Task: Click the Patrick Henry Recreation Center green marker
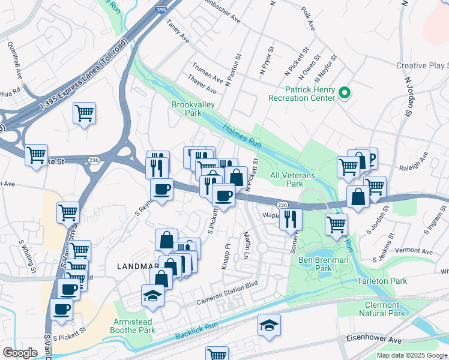(x=345, y=92)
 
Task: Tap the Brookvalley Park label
(x=193, y=108)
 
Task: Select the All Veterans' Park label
(x=294, y=179)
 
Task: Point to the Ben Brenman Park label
(x=323, y=264)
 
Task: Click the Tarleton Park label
(x=381, y=281)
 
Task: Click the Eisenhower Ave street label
(x=373, y=339)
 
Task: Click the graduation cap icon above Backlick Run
(x=269, y=325)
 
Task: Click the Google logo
(x=20, y=353)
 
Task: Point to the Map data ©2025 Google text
(x=412, y=355)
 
